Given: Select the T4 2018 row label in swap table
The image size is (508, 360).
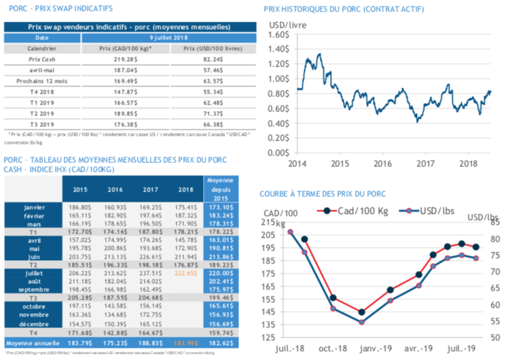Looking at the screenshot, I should [41, 90].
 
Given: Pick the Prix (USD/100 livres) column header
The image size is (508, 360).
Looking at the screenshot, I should [214, 50].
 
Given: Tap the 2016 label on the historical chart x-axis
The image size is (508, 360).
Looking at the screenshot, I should [384, 164].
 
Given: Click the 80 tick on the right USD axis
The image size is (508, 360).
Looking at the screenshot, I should [494, 239].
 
